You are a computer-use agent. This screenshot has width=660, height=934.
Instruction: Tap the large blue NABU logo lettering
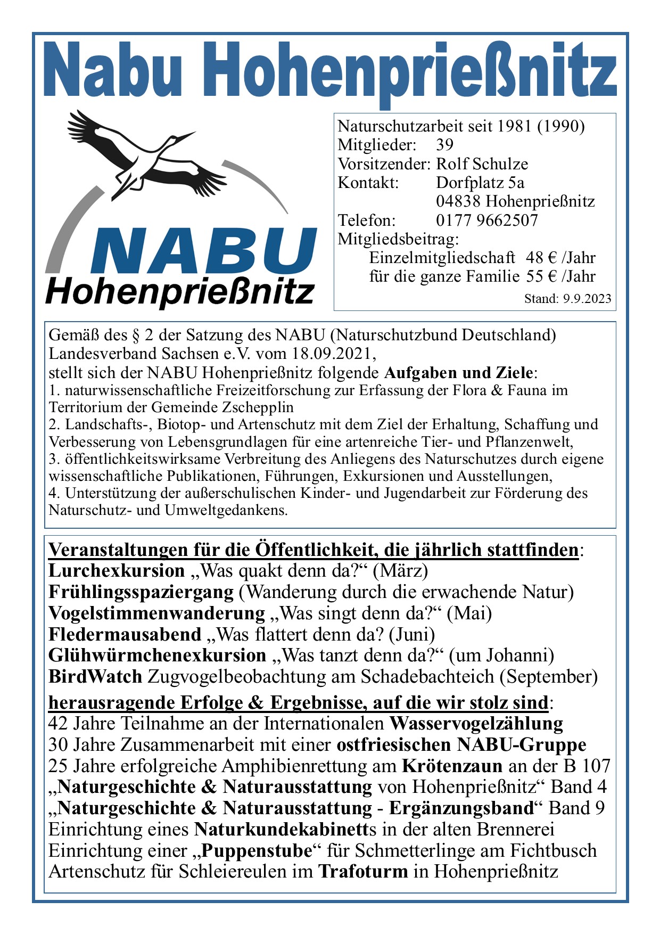(x=205, y=251)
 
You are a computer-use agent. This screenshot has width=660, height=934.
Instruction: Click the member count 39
(x=444, y=145)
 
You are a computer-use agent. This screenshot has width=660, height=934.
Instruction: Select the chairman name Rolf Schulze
(x=482, y=164)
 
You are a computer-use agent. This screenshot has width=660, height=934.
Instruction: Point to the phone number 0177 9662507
(x=487, y=220)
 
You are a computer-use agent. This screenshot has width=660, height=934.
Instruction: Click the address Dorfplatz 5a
(x=480, y=183)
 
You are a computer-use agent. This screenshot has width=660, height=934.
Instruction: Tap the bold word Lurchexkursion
(x=116, y=571)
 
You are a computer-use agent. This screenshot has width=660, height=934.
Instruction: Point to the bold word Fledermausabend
(x=125, y=635)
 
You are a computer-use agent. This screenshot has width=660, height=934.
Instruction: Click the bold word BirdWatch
(x=95, y=677)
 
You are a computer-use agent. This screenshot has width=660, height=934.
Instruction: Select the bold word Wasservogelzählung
(x=476, y=724)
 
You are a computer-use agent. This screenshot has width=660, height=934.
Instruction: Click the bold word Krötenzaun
(x=452, y=766)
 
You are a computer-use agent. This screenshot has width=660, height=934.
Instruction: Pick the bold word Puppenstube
(x=257, y=851)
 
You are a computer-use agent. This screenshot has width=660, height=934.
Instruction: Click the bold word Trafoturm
(x=363, y=872)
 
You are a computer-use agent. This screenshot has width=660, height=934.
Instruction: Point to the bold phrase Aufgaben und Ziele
(x=458, y=372)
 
